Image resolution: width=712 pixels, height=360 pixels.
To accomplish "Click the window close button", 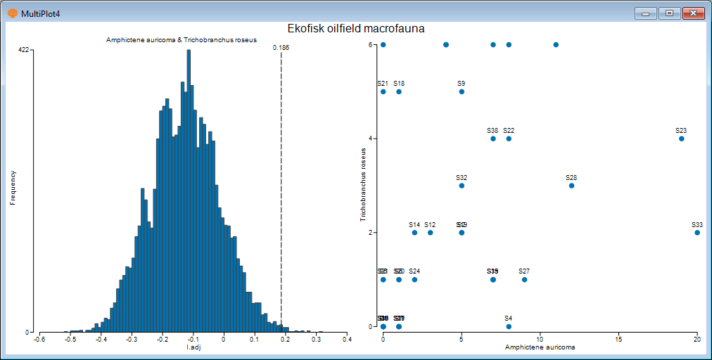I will (693, 13).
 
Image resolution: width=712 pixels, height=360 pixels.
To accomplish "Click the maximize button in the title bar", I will (669, 13).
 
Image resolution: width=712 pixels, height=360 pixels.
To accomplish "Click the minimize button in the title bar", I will (645, 13).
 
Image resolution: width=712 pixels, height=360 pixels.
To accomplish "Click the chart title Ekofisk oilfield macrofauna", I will (355, 28).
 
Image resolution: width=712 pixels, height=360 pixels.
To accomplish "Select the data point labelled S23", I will (681, 139).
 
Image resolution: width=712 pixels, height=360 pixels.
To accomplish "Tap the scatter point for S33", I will (697, 233).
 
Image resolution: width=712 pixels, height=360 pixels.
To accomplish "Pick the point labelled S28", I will (571, 186).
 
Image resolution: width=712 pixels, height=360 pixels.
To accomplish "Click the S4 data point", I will (509, 326).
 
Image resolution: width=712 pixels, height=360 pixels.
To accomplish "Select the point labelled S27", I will (524, 279).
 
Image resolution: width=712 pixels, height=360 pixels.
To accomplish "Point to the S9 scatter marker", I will (462, 91).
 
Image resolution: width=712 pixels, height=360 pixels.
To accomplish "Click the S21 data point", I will (383, 91).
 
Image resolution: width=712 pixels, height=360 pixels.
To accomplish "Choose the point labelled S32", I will (462, 186).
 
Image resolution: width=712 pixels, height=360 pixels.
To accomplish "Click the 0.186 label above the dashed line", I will (281, 48).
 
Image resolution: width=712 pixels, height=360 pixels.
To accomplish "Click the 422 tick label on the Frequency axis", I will (23, 50).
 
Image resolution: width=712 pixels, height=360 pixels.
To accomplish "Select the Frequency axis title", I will (13, 187).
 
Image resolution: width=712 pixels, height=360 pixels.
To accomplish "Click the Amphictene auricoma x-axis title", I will (540, 347).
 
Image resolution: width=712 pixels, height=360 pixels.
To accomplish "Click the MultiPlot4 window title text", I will (40, 13).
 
